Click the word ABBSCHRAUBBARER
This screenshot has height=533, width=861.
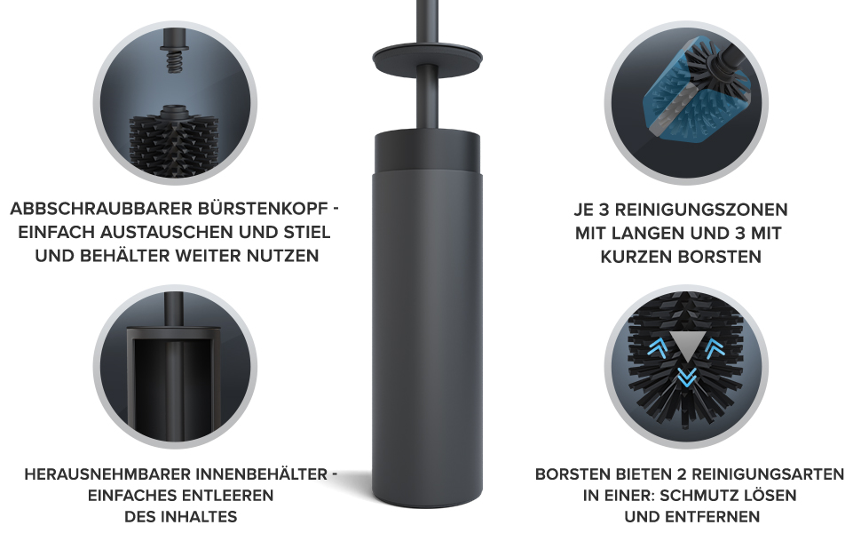[101, 210]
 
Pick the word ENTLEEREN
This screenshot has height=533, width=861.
[226, 496]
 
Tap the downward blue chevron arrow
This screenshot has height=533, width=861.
[686, 377]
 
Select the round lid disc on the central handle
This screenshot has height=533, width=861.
[427, 57]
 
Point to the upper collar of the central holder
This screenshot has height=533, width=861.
[427, 152]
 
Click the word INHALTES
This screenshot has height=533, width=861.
[181, 517]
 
